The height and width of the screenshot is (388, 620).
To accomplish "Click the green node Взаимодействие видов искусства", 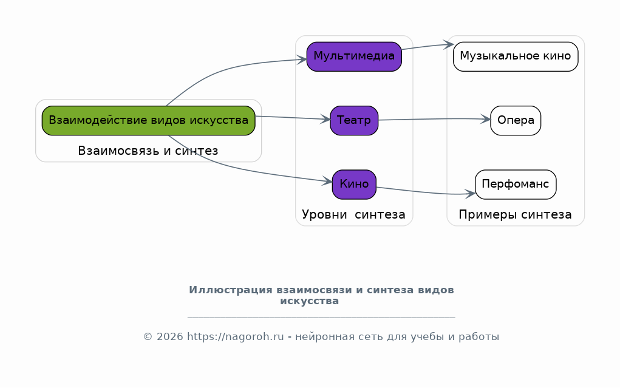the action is (148, 120).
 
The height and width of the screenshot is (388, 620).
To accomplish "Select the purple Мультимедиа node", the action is (354, 56).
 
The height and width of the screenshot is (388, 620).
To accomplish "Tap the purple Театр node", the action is (354, 120).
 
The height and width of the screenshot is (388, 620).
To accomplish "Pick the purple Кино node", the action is (354, 185).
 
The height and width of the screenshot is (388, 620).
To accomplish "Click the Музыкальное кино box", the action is (515, 56).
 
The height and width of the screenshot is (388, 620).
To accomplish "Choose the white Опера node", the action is (515, 120).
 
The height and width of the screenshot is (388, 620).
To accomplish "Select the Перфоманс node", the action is (515, 185).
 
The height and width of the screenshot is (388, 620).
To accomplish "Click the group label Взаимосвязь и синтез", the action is (148, 151).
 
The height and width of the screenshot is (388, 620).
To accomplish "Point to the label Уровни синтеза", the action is (353, 214).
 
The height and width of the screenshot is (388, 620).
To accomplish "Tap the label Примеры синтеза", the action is (515, 214).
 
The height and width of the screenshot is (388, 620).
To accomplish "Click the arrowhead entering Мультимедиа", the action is (302, 60).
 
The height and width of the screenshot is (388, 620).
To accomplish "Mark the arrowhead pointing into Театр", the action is (325, 118).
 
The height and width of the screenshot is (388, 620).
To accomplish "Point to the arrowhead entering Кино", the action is (327, 182).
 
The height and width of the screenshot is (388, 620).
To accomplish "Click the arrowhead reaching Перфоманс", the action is (470, 194).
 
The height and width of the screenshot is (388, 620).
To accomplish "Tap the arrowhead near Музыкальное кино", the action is (449, 44).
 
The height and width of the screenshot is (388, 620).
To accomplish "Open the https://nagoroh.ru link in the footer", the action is (235, 336).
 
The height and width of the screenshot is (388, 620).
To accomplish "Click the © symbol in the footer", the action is (148, 336).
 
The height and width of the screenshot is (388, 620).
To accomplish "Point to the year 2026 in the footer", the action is (169, 336).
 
